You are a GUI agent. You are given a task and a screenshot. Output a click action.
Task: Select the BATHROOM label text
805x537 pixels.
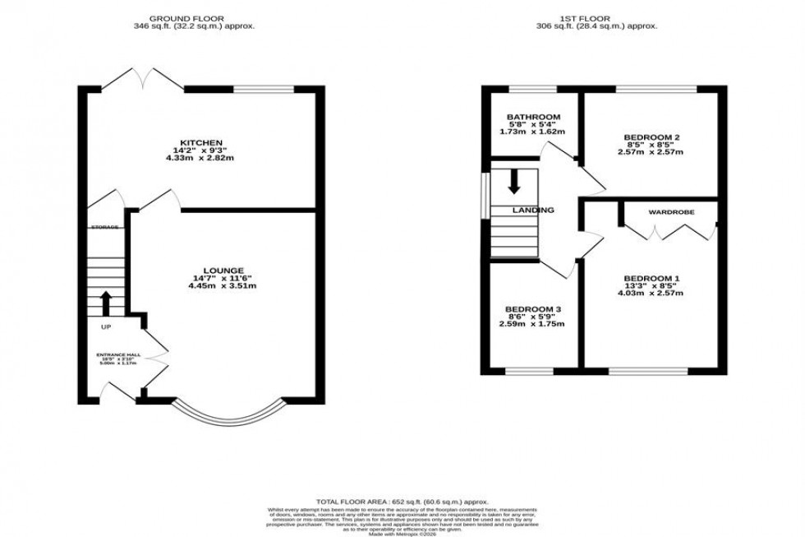[533, 117]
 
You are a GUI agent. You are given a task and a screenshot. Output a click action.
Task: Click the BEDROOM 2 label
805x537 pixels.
[651, 137]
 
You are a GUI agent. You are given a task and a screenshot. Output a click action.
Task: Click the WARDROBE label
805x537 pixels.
[671, 212]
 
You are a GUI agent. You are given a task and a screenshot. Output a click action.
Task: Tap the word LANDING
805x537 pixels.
[534, 211]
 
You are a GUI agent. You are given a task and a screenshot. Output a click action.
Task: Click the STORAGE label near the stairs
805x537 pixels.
[105, 227]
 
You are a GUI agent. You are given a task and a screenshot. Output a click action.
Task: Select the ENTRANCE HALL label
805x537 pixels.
[117, 355]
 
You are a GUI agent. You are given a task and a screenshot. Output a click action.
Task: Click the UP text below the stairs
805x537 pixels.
[106, 327]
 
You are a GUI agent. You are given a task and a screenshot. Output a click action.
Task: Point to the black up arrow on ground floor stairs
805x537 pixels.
[106, 303]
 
